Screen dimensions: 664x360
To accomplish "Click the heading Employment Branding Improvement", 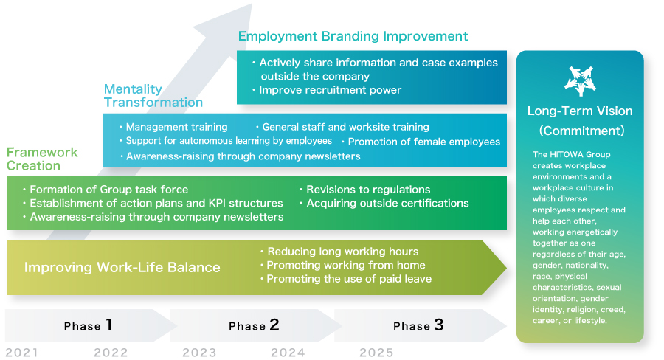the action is (353, 36).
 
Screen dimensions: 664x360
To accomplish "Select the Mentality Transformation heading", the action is (153, 96).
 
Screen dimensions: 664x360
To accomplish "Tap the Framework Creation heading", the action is (42, 159).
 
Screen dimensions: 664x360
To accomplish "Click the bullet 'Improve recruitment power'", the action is (330, 90).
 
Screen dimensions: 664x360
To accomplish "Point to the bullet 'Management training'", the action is (176, 127).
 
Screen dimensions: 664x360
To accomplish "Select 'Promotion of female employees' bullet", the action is (424, 142).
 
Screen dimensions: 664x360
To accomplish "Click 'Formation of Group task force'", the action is (109, 190).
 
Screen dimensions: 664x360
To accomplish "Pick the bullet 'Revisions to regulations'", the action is (368, 190).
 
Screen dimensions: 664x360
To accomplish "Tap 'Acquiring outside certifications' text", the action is (387, 204).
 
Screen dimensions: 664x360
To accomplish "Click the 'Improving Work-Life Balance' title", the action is (122, 267).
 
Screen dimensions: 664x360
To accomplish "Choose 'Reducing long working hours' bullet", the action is (342, 252).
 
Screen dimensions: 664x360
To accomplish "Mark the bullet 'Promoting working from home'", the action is (345, 265).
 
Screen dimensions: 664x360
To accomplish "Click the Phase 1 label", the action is (88, 325).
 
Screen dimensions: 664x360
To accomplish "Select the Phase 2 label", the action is (254, 325).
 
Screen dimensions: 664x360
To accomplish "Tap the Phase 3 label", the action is (418, 325).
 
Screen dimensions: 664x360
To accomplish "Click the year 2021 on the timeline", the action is (21, 353).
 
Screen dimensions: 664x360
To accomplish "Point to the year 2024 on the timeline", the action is (288, 353).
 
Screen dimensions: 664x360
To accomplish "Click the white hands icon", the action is (580, 80).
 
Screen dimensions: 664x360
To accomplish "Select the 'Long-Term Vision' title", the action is (580, 111).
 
